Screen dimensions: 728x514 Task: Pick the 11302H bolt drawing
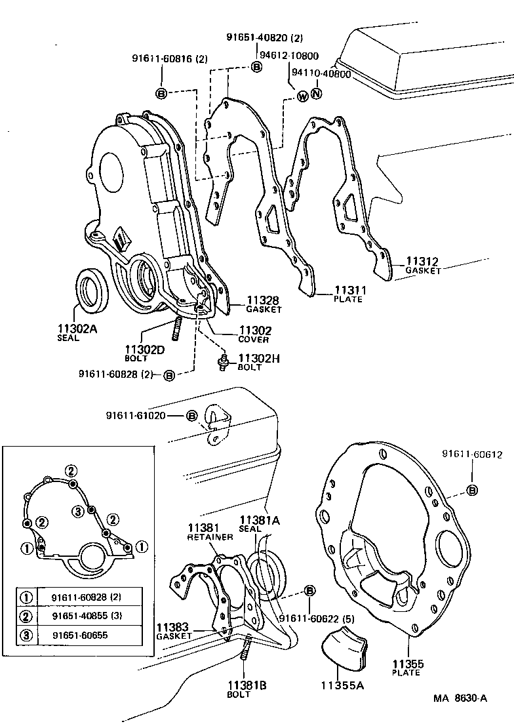pos(222,361)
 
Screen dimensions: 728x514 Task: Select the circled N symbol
pos(317,94)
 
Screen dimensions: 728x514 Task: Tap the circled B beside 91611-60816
pos(161,93)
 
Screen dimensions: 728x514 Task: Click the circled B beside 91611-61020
pos(191,416)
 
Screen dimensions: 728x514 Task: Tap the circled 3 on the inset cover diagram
pos(77,511)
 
